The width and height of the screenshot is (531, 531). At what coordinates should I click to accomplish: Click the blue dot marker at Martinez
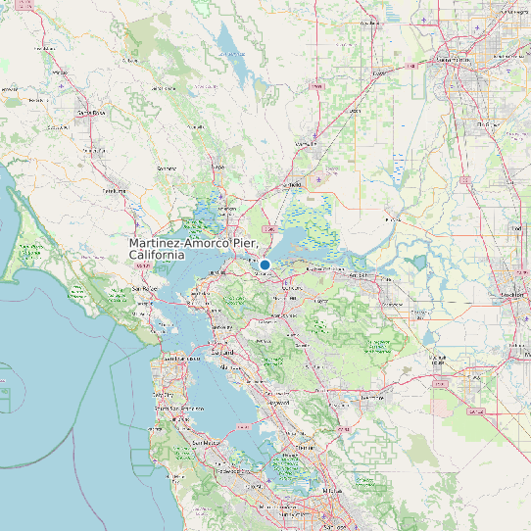click(x=265, y=265)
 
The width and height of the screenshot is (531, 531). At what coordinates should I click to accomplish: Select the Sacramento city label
click(x=453, y=60)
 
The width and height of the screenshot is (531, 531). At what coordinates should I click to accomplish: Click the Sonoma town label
click(x=167, y=168)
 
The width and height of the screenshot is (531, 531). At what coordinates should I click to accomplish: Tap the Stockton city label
click(x=510, y=295)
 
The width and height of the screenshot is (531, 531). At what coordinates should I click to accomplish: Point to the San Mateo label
click(x=205, y=443)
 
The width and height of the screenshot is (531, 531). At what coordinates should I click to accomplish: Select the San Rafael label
click(x=145, y=290)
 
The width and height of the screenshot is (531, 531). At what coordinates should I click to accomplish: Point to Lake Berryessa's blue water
click(x=230, y=44)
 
